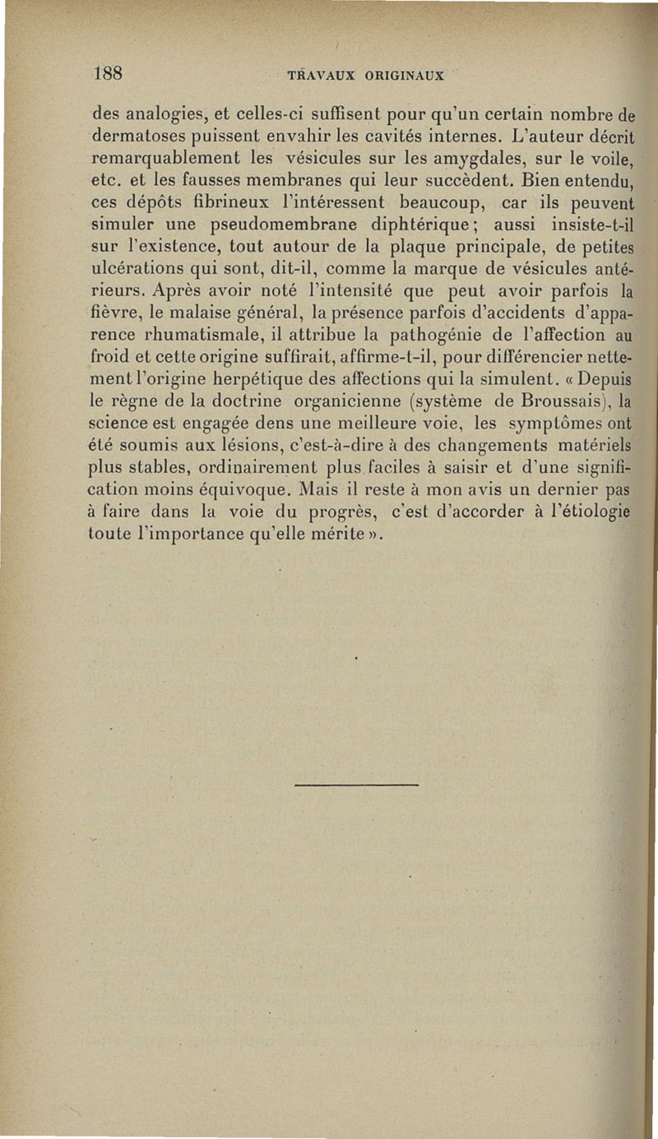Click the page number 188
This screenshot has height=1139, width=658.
[x=108, y=72]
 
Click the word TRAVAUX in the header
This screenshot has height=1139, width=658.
[x=320, y=76]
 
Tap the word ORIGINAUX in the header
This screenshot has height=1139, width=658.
[x=401, y=76]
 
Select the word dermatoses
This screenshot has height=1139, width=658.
[x=137, y=134]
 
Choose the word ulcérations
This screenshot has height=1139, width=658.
[x=133, y=268]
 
